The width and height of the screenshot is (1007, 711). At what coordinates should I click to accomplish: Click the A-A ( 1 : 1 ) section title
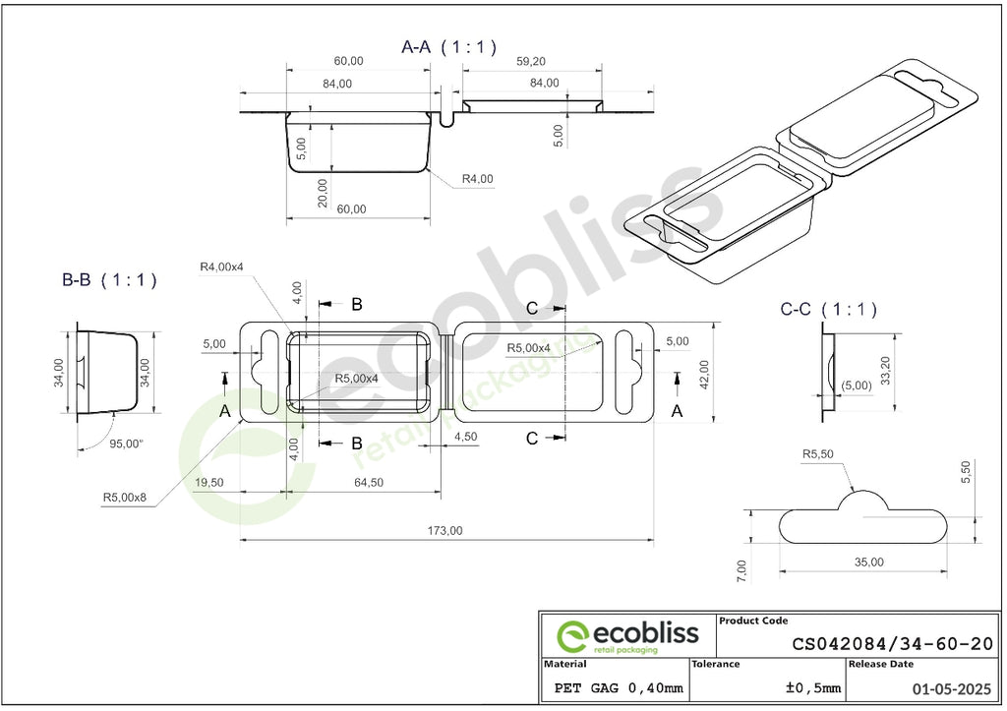[x=448, y=47]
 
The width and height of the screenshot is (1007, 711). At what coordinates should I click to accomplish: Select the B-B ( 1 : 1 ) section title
[x=109, y=280]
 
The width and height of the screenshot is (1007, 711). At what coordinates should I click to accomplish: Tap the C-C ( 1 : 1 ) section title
[x=828, y=310]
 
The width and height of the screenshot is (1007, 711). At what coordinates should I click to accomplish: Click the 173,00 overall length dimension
[x=445, y=530]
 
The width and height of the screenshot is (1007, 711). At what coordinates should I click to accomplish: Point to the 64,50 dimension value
[x=368, y=482]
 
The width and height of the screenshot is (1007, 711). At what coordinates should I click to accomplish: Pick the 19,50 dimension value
[x=208, y=482]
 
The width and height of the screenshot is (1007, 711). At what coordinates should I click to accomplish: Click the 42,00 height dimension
[x=704, y=375]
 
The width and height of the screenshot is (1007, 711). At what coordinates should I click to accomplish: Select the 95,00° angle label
[x=126, y=444]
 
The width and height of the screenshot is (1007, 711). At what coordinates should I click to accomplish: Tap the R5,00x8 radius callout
[x=125, y=498]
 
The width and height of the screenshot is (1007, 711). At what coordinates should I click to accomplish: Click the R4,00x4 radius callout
[x=221, y=267]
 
